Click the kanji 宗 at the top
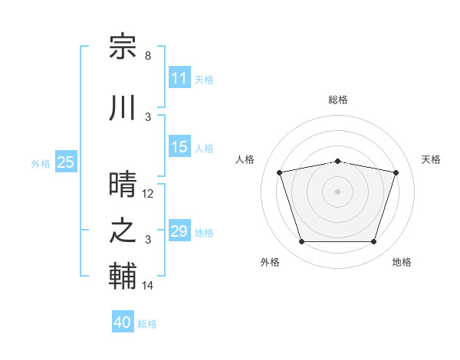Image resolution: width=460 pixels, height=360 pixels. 123,46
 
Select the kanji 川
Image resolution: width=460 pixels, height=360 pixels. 123,107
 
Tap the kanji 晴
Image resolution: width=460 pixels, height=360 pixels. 123,184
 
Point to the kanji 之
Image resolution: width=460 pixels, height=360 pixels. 123,230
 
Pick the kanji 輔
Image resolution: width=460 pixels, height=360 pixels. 123,276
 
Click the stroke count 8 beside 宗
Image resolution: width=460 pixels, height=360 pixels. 148,56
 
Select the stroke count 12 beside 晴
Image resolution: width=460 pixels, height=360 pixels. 147,194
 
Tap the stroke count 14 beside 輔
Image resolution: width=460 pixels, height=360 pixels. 147,285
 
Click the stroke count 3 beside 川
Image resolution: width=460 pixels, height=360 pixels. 148,117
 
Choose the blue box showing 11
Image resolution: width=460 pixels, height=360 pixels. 179,77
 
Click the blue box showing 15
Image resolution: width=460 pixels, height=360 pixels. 179,146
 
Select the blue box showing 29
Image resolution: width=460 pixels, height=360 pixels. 179,230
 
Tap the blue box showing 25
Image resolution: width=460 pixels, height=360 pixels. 66,162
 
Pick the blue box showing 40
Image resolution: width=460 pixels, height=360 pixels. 123,321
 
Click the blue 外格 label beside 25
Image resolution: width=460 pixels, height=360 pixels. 41,164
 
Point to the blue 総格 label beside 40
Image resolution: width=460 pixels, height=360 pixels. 147,324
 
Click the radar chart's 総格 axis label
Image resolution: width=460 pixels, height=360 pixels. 338,100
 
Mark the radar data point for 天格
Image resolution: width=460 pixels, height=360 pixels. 396,172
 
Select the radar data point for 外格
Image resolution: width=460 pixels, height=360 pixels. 302,241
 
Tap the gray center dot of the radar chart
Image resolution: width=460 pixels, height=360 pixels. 337,191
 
